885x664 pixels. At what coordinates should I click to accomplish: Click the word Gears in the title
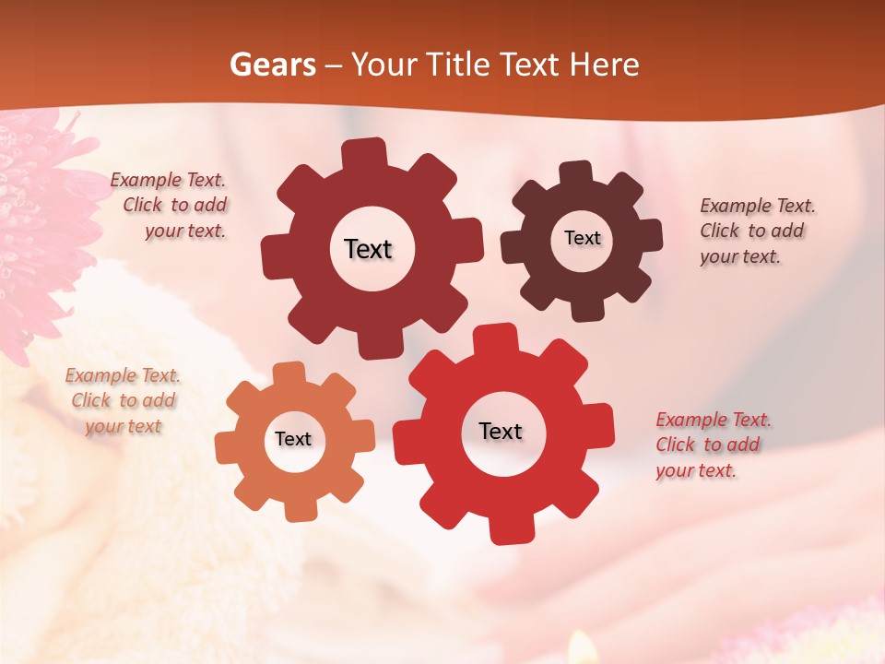pos(272,65)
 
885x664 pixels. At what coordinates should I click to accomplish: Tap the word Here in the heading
pos(605,65)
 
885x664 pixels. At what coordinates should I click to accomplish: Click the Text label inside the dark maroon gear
pos(582,238)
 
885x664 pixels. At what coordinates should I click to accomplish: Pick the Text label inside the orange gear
pos(293,440)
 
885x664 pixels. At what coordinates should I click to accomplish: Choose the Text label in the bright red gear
pos(501,432)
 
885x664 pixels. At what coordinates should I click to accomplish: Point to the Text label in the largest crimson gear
pos(369,249)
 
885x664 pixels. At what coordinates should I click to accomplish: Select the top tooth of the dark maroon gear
pos(575,172)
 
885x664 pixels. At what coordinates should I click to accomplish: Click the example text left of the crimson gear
pos(171,206)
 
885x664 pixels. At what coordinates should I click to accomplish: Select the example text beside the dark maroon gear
pos(756,231)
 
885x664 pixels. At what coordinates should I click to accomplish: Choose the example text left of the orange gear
pos(124,400)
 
